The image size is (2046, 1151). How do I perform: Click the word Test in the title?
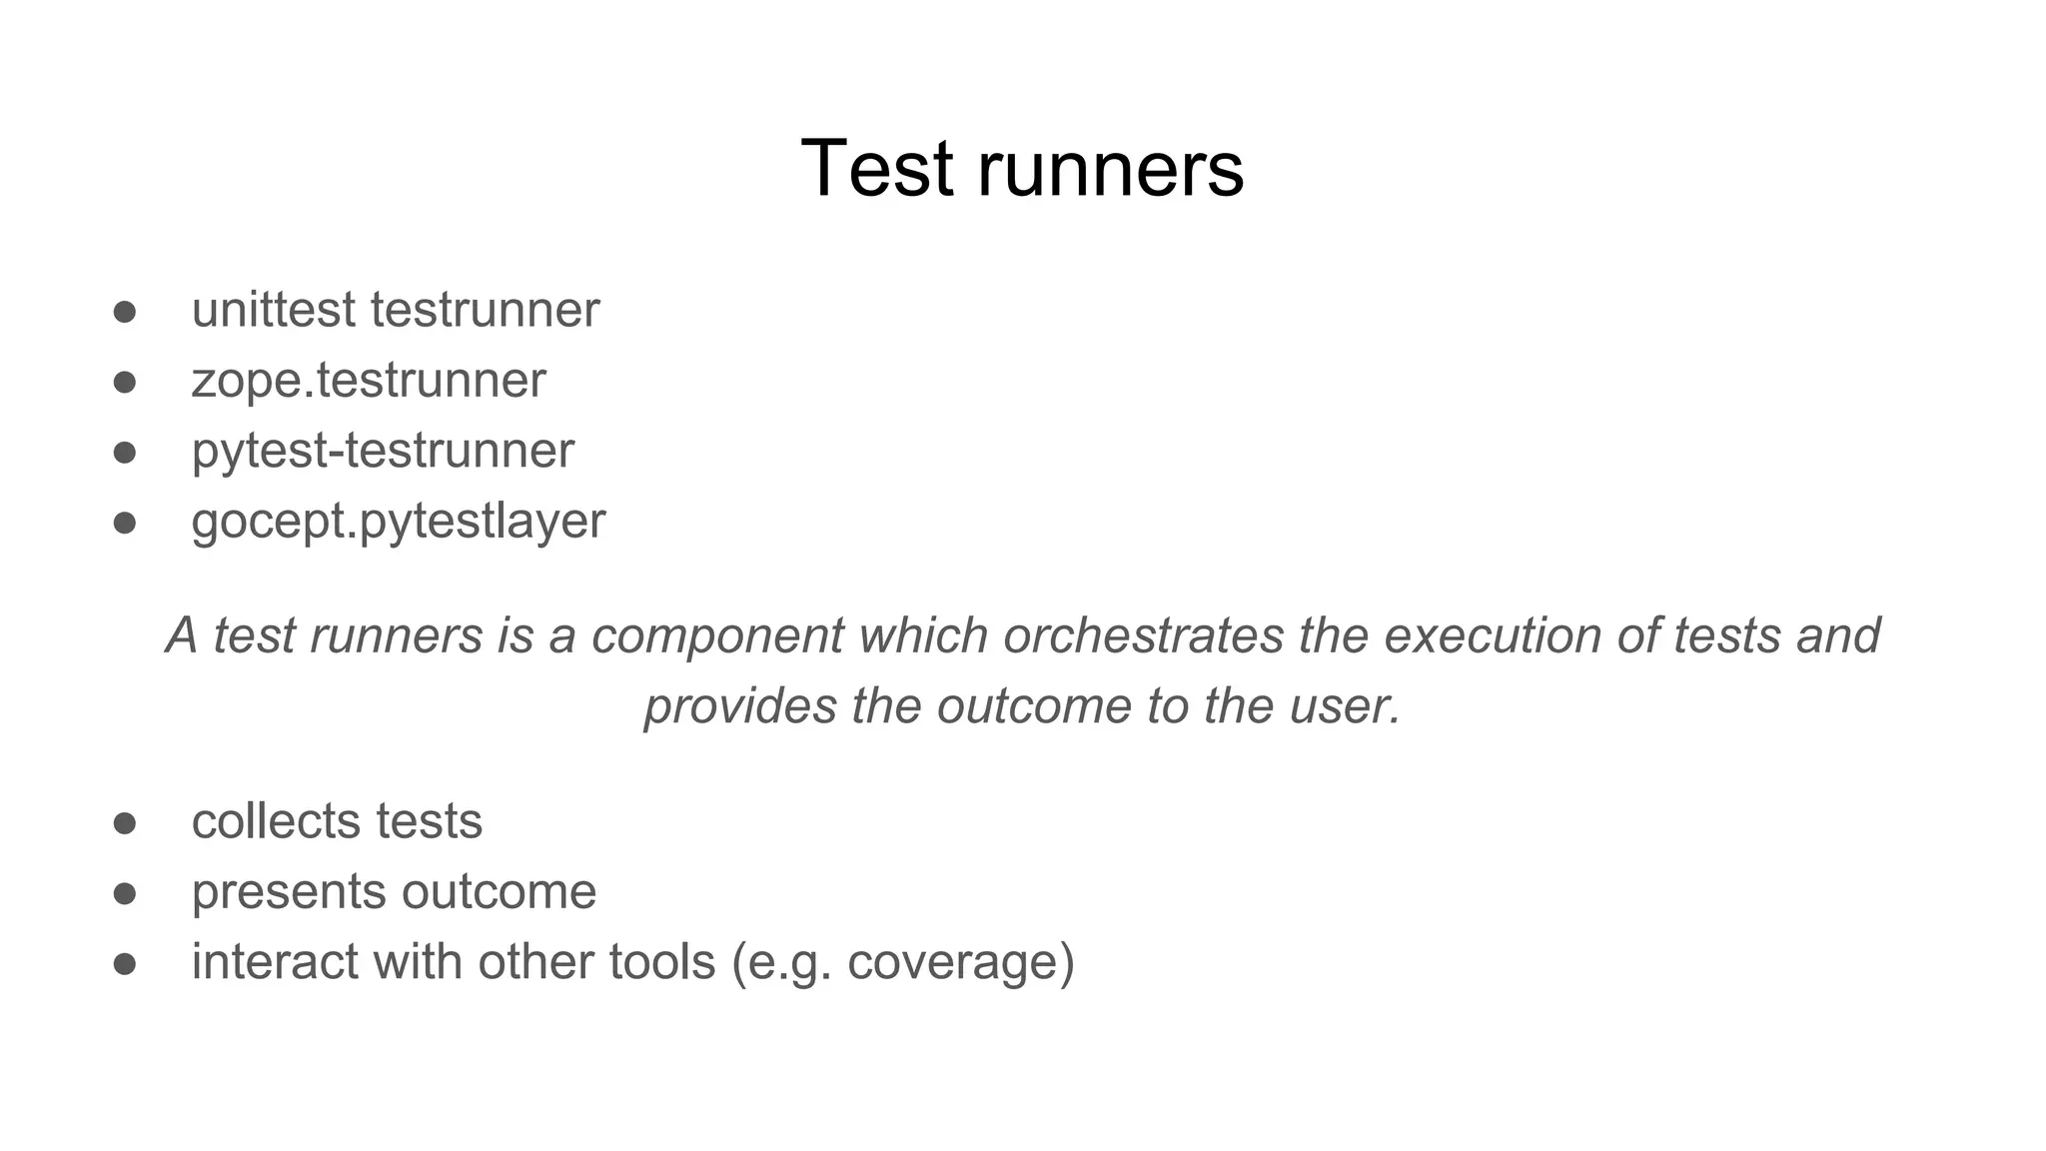(x=876, y=169)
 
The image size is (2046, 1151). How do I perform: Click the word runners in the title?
(x=1110, y=169)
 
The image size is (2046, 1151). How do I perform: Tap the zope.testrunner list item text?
(x=369, y=381)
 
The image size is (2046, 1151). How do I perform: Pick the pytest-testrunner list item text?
(x=383, y=451)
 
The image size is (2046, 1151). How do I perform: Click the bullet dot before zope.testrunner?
(x=124, y=383)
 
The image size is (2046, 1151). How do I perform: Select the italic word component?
(x=717, y=635)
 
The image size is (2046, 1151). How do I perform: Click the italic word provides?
(x=740, y=706)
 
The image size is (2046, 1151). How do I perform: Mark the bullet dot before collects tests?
(x=124, y=823)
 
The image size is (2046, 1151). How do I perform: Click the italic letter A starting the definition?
(x=182, y=635)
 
